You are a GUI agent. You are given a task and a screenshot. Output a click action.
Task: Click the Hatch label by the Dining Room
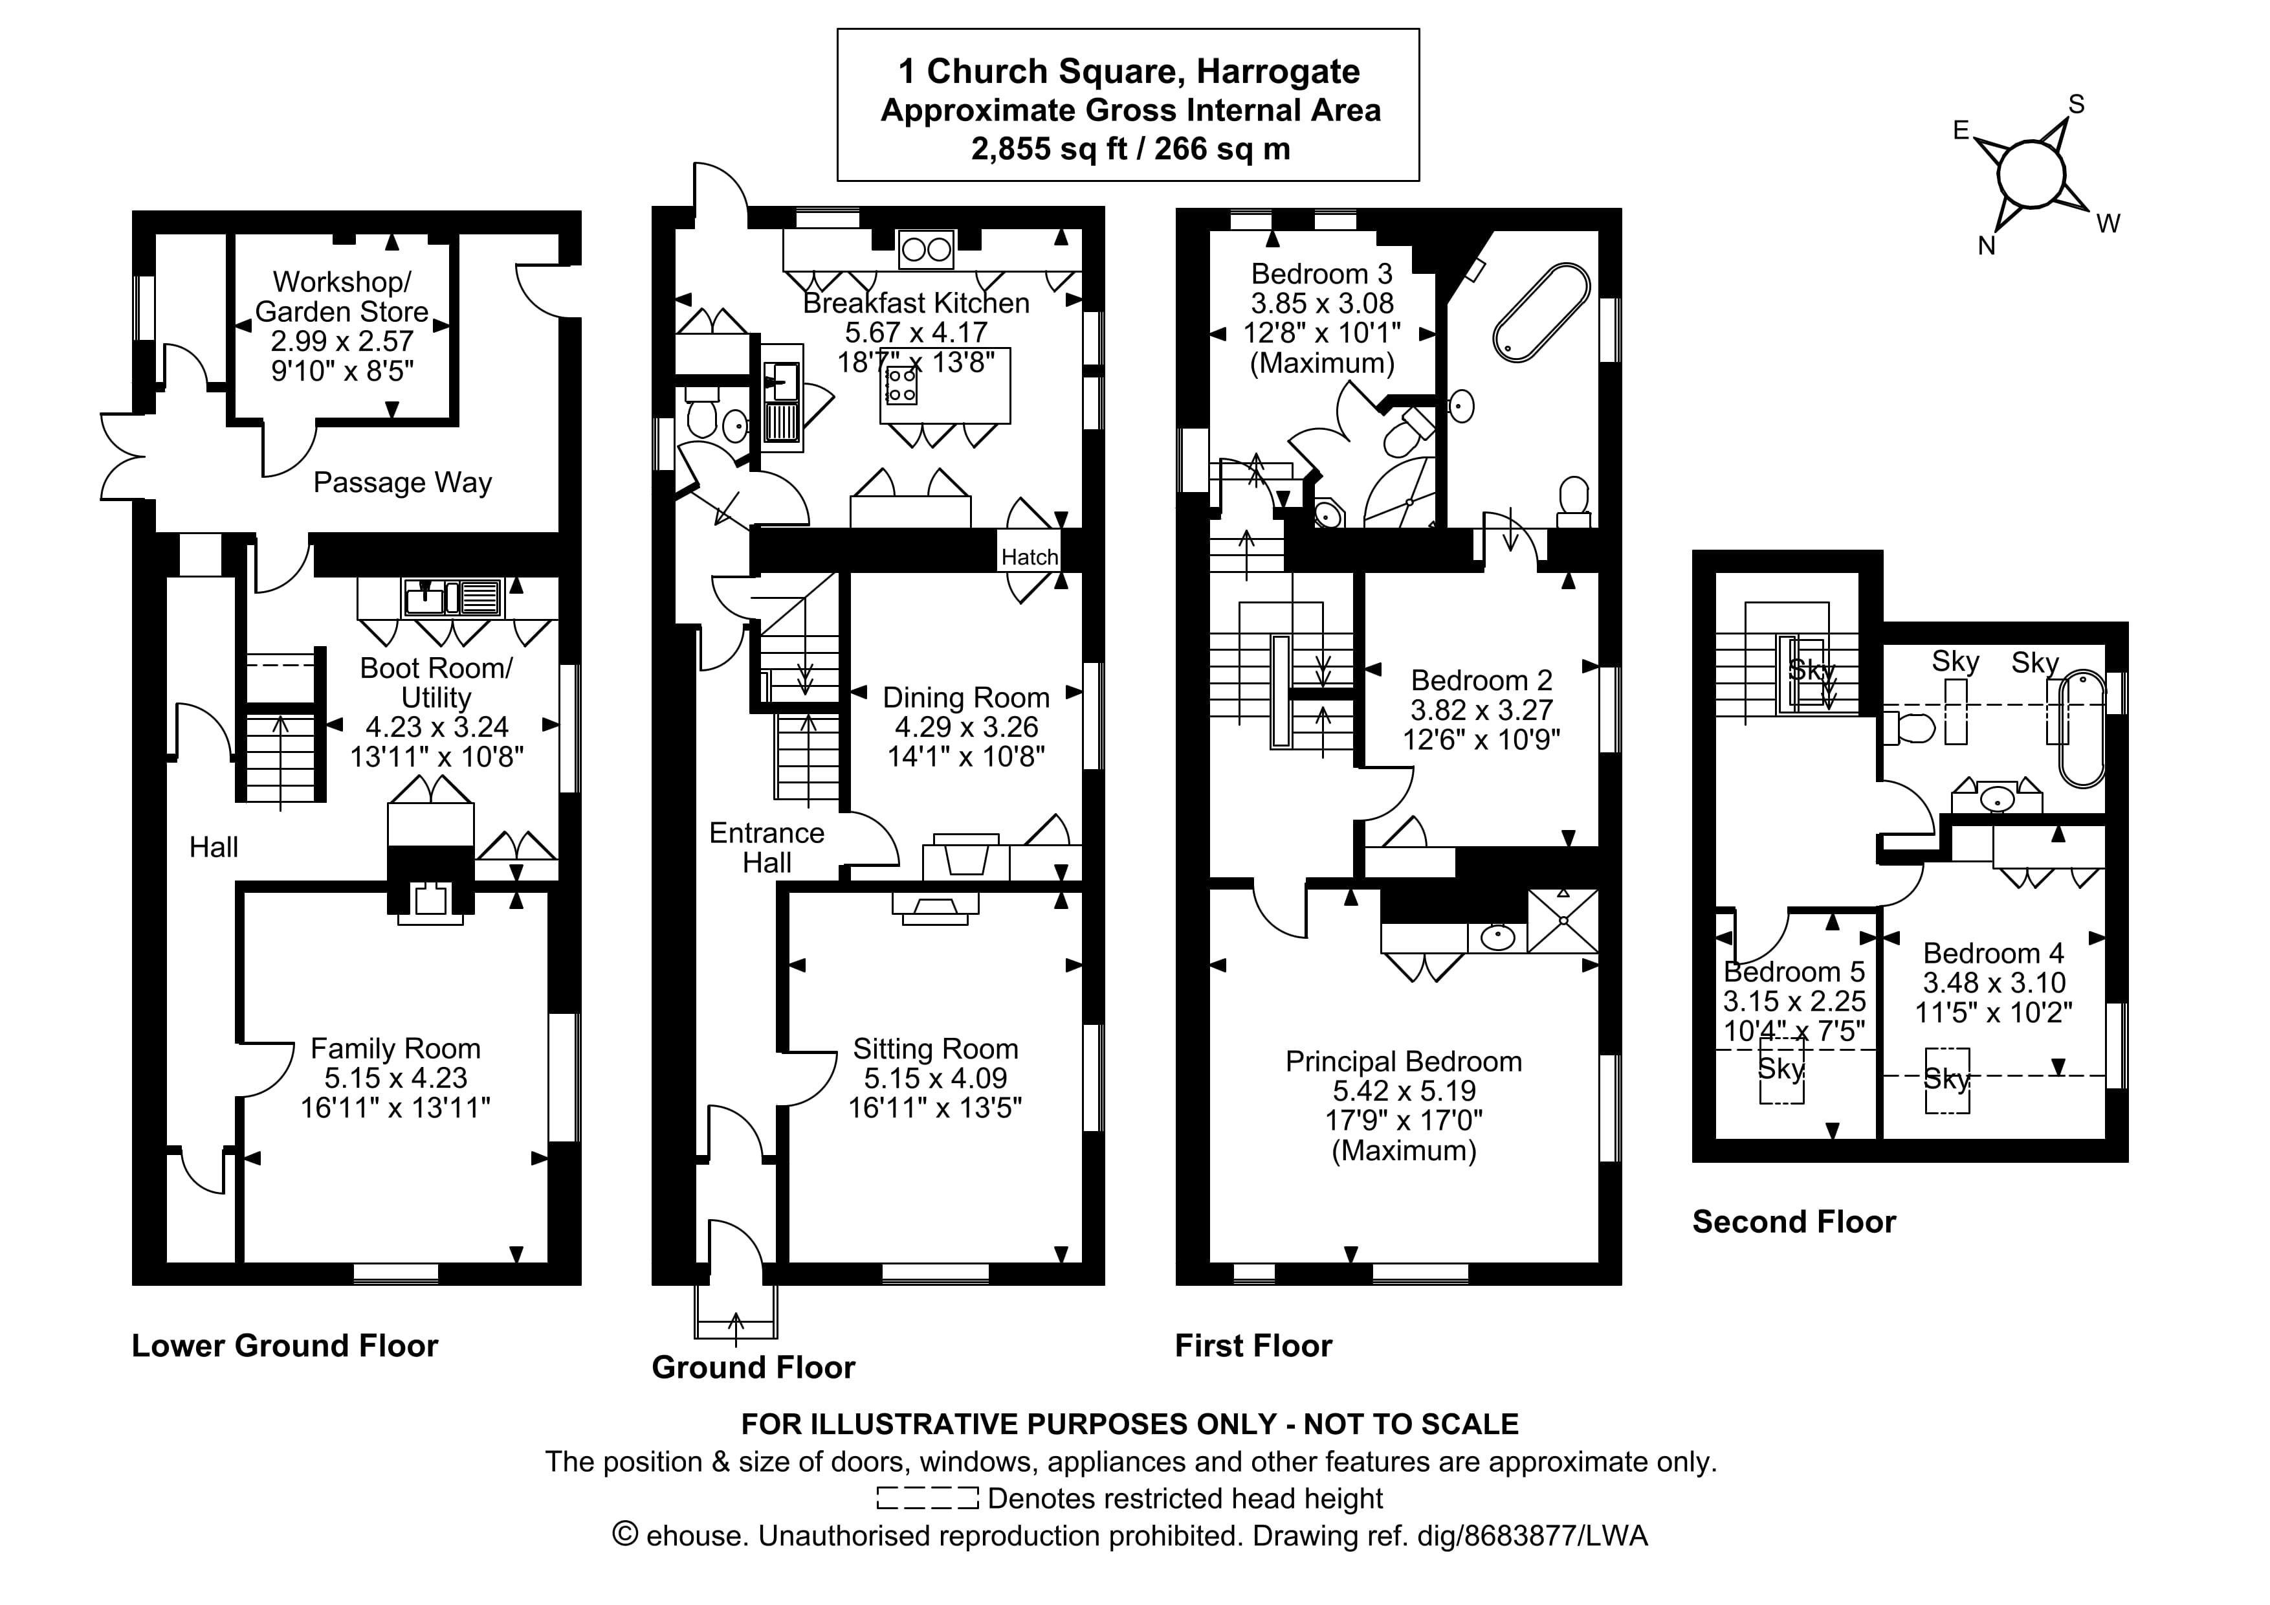click(1030, 557)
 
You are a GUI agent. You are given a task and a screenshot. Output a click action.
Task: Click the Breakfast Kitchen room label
click(916, 302)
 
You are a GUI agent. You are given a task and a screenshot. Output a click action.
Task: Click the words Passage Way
click(402, 482)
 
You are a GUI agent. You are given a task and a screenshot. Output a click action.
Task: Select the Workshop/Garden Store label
click(342, 297)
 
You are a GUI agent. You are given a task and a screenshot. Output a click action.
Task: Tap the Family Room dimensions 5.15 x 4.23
click(395, 1078)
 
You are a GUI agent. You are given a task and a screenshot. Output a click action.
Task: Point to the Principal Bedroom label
click(1403, 1061)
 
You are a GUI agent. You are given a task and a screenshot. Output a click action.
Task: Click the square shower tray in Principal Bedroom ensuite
click(1563, 921)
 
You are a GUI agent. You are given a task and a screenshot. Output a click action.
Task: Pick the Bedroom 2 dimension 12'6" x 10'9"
click(1481, 740)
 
